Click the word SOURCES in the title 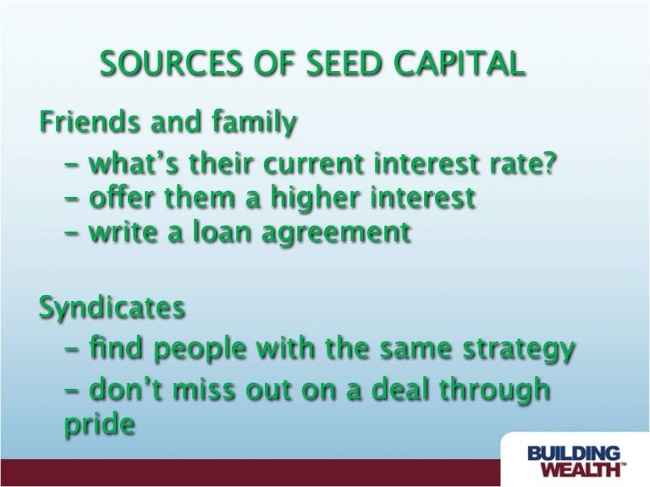coord(170,63)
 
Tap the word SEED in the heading coord(344,63)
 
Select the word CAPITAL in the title coord(458,63)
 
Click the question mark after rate coord(548,163)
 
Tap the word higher coord(315,199)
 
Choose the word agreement coord(336,233)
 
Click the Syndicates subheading coord(112,308)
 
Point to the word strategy coord(519,348)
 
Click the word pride coord(100,424)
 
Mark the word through coord(494,391)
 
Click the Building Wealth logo coord(576,461)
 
